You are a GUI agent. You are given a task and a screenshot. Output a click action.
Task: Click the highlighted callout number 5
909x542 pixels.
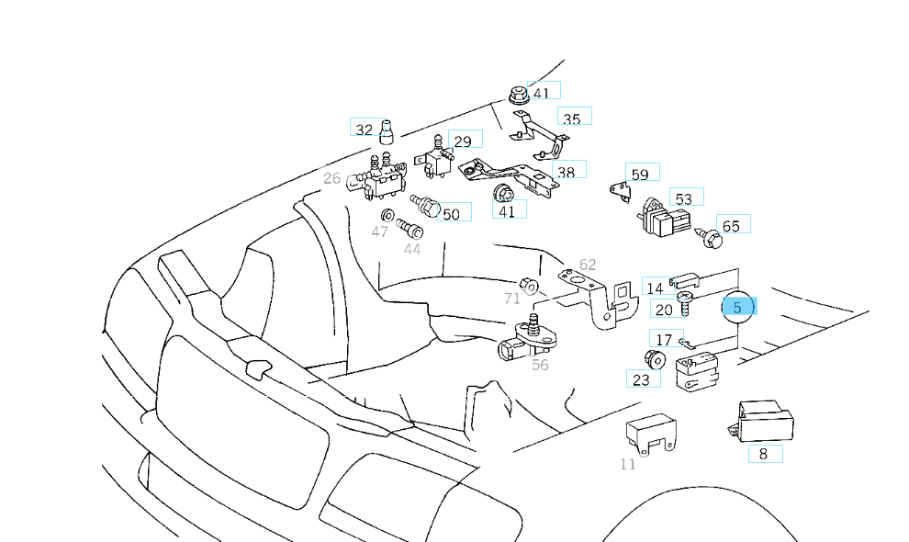tap(737, 308)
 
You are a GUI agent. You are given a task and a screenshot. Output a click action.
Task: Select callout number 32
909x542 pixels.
tap(365, 130)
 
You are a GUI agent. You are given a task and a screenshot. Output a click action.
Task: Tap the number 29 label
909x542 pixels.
tap(463, 141)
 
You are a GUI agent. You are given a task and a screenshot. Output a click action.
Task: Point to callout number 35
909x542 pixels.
tap(571, 119)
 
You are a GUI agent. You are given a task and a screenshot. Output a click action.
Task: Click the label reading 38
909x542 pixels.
tap(567, 171)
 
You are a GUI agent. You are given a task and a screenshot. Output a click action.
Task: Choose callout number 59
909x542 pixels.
tap(640, 175)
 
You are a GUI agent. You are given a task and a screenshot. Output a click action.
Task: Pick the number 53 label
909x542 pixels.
tap(683, 198)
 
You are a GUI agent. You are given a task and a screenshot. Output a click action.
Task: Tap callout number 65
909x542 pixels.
tap(731, 226)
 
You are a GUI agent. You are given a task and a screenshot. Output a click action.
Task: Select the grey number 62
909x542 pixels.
tap(588, 265)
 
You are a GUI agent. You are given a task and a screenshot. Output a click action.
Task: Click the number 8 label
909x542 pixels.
tap(763, 453)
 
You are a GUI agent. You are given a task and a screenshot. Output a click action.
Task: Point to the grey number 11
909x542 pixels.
tap(628, 464)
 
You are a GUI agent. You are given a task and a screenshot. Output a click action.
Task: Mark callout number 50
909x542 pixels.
tap(451, 214)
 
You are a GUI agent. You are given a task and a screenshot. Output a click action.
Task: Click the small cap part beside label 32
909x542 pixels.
tap(387, 131)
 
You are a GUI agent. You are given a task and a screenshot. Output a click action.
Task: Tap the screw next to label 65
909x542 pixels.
tap(710, 238)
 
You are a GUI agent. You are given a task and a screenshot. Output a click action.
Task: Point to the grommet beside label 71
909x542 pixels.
tap(529, 284)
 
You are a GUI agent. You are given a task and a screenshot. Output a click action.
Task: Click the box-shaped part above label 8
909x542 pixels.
tap(764, 420)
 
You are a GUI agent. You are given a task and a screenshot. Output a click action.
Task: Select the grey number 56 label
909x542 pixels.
tap(540, 365)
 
